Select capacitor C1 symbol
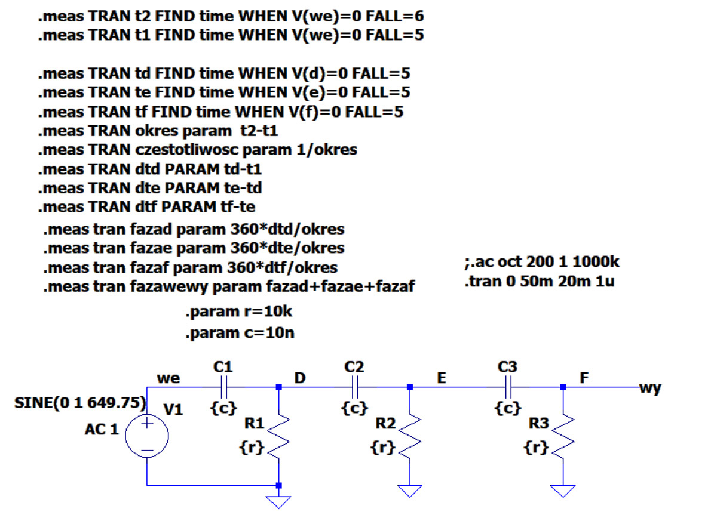(223, 387)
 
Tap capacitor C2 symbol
(354, 387)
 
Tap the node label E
(441, 378)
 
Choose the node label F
(584, 378)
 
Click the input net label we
(168, 378)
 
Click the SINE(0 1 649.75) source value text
(80, 403)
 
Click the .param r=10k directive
(238, 312)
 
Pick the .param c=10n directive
(239, 333)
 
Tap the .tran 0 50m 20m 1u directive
(538, 281)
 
